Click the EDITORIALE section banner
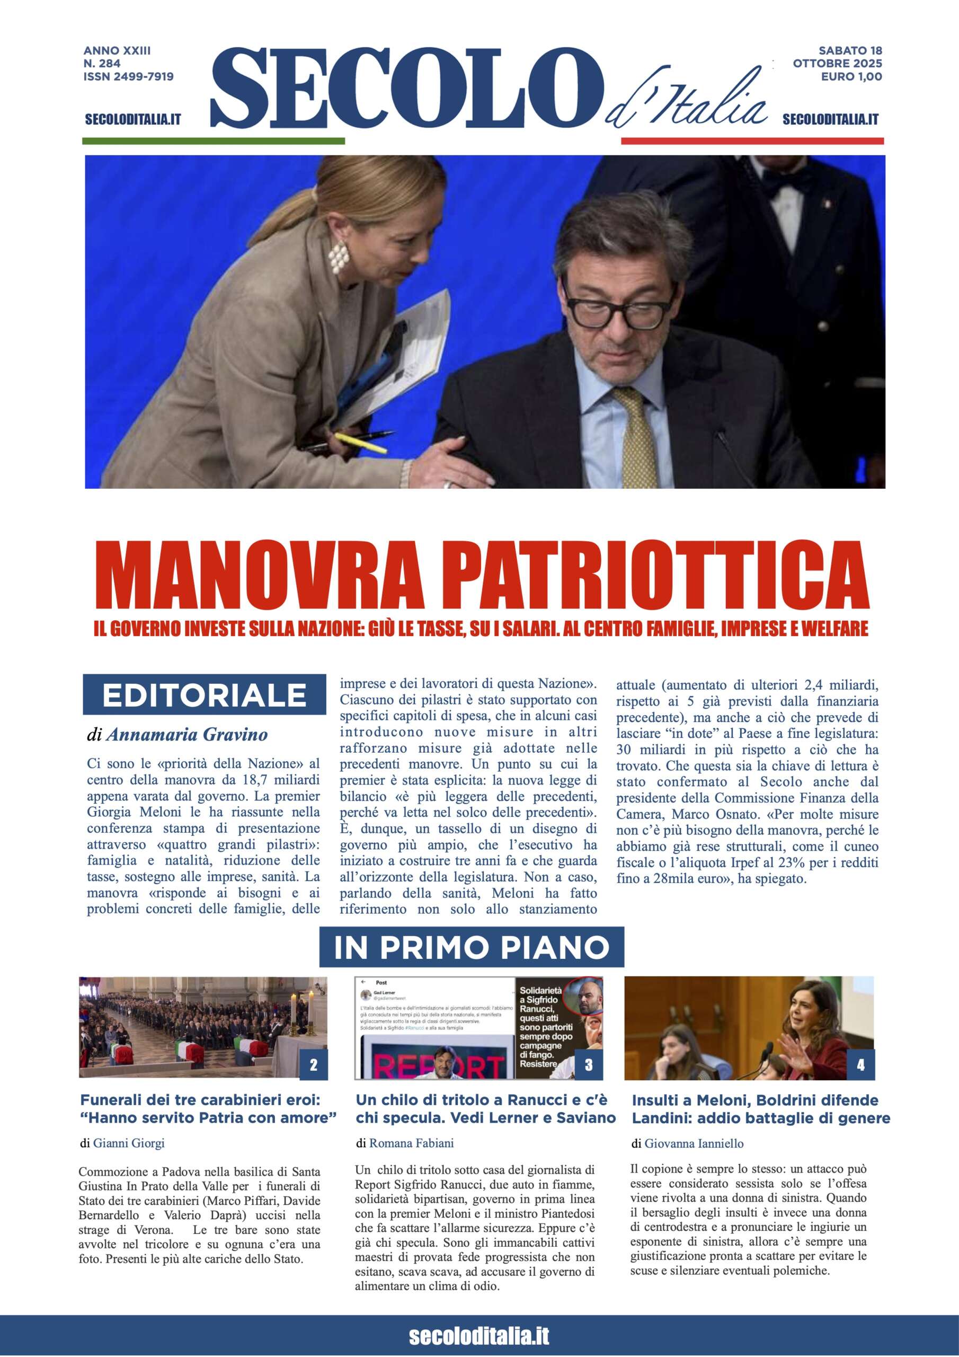click(205, 695)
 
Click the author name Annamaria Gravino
click(187, 735)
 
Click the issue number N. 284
click(102, 63)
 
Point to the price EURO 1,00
click(851, 76)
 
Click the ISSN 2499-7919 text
click(128, 76)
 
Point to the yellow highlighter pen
click(360, 442)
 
